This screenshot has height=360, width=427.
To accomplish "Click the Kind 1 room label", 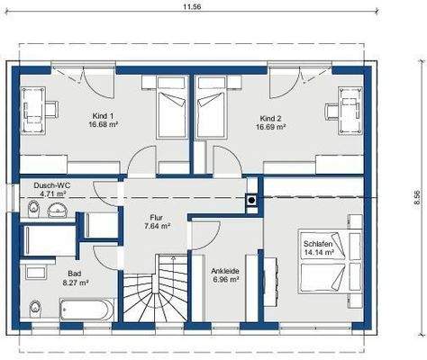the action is point(103,116).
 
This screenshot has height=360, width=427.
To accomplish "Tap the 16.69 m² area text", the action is point(270,127).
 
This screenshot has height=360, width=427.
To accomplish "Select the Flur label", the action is point(157,218).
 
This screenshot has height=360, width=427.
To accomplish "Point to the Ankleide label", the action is point(225,271).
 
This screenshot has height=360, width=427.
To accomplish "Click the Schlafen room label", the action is point(318,244).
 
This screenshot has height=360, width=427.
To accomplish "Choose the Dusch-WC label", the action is point(52,185).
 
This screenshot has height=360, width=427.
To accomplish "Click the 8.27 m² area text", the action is point(76,283).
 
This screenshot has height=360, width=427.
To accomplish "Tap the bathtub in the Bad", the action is point(86,310).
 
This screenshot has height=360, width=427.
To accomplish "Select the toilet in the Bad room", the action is point(35,309).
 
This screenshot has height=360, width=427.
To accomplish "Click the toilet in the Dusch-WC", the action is point(33,209).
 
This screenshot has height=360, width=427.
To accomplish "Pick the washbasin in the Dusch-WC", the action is point(58,210).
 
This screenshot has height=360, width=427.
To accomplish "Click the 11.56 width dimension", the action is point(192,7).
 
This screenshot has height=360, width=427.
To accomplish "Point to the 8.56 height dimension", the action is point(416,197).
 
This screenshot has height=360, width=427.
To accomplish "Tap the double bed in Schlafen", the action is point(331,262).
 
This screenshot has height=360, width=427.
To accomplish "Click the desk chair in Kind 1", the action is point(51,110).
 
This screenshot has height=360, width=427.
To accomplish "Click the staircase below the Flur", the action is point(155,288).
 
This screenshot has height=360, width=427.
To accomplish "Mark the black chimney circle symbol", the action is point(251,201).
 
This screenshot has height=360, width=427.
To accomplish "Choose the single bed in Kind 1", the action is point(172,107).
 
